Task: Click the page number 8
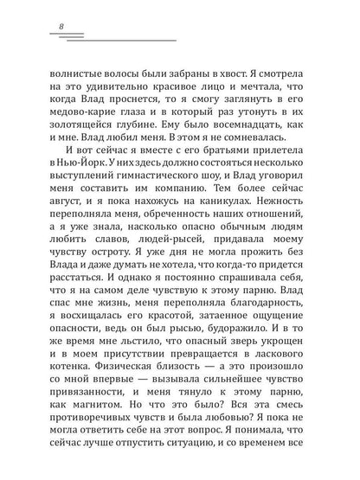61,26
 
